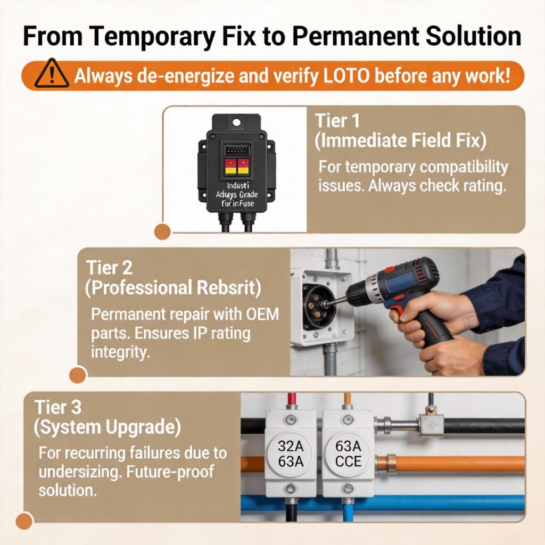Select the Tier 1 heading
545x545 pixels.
click(337, 120)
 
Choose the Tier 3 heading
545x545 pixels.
click(58, 407)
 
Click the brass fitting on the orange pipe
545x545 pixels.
click(385, 464)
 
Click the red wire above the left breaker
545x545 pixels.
click(291, 400)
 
